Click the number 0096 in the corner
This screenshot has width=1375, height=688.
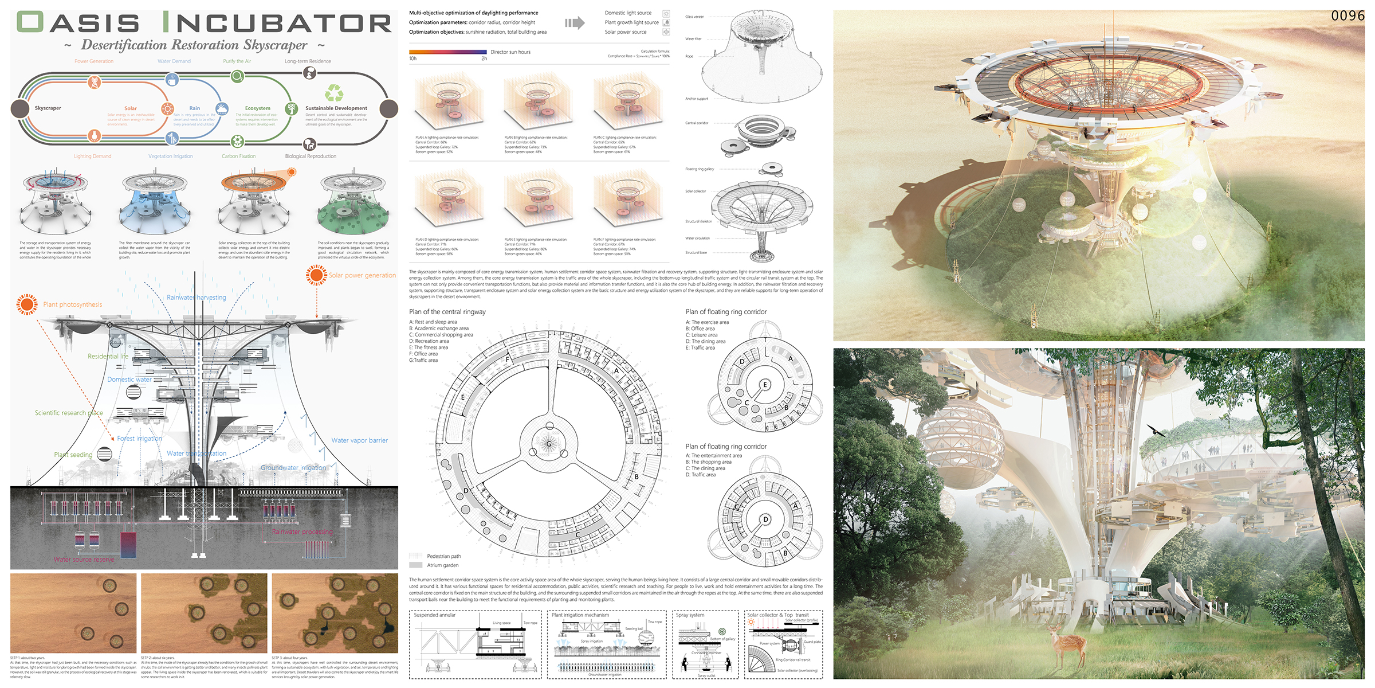[x=1347, y=16]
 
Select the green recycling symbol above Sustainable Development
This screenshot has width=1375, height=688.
[x=334, y=93]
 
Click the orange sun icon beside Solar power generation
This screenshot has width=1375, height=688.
[x=316, y=275]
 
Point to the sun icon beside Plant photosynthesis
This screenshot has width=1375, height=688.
[x=27, y=304]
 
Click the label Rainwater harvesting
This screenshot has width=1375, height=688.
[x=196, y=298]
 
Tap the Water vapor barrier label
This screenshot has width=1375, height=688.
[x=359, y=440]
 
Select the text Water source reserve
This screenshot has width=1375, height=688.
[x=84, y=560]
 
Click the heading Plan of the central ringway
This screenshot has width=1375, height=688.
[x=447, y=312]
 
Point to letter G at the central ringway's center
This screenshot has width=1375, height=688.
[x=549, y=444]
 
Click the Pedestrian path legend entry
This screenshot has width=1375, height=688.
[x=443, y=556]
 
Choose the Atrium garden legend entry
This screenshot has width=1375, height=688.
[x=442, y=565]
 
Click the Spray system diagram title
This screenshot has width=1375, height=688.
[x=690, y=615]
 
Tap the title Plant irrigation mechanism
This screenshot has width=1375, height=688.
[x=580, y=615]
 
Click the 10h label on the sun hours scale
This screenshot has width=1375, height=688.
[x=412, y=58]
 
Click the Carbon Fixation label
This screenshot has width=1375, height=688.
[x=238, y=156]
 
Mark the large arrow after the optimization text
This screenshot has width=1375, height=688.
[x=575, y=23]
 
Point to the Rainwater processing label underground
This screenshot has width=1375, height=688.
[x=302, y=532]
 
